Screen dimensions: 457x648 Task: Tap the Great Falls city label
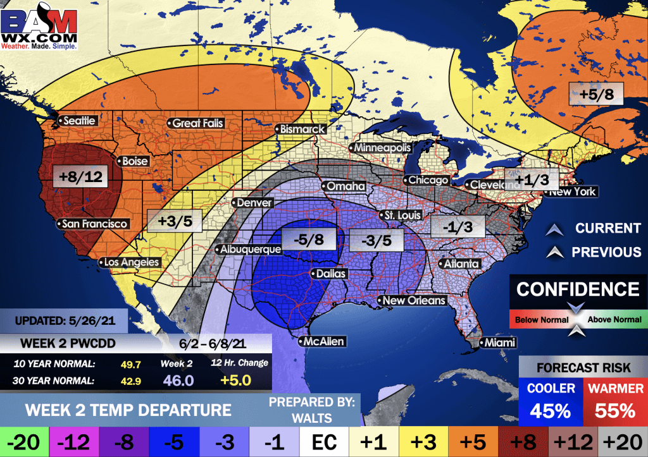tap(197, 123)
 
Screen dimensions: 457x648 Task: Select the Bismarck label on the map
tap(302, 129)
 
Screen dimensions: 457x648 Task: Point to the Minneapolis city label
tap(382, 148)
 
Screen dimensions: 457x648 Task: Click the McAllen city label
tap(323, 342)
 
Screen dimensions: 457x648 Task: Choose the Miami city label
tap(497, 343)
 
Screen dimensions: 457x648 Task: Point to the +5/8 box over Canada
tap(595, 94)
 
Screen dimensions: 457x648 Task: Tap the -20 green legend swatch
tap(21, 441)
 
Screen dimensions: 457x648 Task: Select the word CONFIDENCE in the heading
tap(578, 289)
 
